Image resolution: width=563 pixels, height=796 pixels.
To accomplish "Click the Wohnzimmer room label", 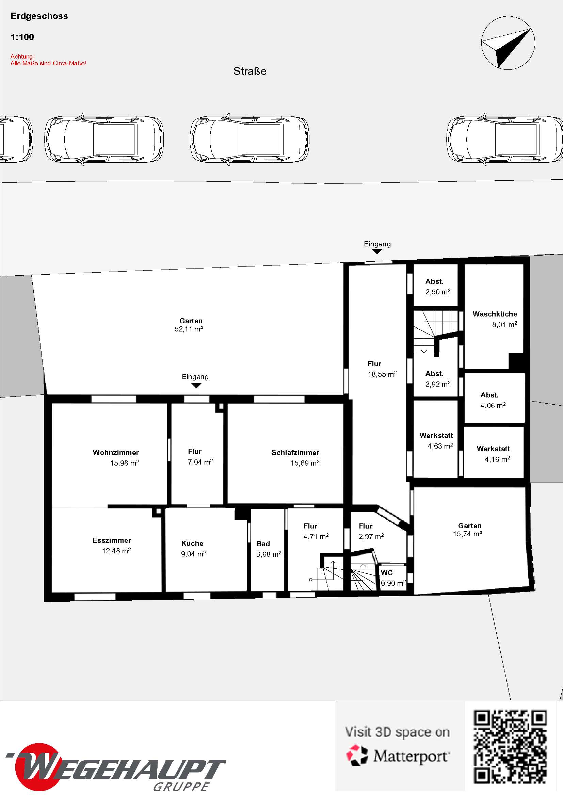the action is point(116,452).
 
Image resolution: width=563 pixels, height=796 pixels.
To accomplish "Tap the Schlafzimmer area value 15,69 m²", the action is point(305,463).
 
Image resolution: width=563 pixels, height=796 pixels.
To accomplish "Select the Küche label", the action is point(192,543).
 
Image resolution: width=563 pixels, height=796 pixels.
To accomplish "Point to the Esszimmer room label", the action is point(112,540).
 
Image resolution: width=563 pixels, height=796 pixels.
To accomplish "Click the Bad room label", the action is point(263,543).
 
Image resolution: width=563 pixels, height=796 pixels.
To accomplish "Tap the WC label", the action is point(387,573).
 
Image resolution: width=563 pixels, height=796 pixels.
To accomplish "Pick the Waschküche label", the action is point(495,314).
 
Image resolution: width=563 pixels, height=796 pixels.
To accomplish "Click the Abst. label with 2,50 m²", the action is point(434,281).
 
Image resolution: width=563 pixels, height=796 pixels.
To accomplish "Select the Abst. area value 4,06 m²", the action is point(493,405).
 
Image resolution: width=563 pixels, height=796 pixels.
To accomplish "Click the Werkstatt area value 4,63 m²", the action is point(440,446).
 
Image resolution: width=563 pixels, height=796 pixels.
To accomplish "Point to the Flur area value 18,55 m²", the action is point(382,374).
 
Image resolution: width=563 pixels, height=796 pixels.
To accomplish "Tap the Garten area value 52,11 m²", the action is point(189,329).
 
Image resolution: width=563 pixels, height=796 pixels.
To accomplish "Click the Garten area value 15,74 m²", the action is point(467,534).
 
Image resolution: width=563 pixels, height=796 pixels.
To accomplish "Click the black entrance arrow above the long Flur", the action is point(377,252).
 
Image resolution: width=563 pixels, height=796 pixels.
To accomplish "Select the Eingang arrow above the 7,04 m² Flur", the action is point(196,386).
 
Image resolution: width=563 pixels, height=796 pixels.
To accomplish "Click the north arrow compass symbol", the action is point(508,43).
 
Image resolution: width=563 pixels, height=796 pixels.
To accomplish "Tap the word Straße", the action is point(250,71).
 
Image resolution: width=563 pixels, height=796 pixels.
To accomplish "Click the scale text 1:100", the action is point(22,37).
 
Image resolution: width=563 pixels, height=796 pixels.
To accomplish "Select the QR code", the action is point(510,747).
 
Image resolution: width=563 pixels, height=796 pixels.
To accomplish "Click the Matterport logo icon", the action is point(357,755).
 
